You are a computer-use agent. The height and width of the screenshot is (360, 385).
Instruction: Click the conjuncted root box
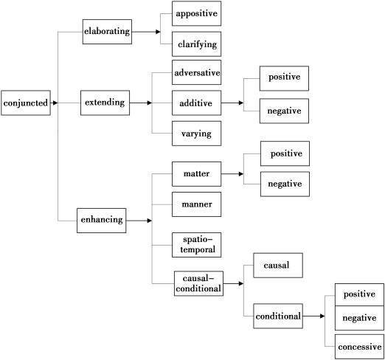(x=26, y=103)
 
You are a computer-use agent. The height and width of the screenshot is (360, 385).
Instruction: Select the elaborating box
(x=107, y=32)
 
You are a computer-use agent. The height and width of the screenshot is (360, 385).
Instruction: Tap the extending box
(x=105, y=103)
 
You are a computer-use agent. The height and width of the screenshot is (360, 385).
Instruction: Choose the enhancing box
(x=102, y=221)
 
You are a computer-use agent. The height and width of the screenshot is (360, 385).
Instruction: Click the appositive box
(x=197, y=13)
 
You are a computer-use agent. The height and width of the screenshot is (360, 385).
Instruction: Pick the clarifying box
(x=197, y=44)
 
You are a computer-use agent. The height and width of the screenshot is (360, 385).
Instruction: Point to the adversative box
(x=197, y=72)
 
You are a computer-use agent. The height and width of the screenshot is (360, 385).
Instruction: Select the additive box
(x=197, y=103)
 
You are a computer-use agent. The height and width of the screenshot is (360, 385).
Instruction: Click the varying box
(x=197, y=134)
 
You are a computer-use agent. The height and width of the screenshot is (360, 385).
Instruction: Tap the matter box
(x=197, y=174)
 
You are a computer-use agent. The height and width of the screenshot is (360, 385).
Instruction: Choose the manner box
(x=197, y=204)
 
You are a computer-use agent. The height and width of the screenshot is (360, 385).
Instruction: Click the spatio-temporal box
(x=197, y=245)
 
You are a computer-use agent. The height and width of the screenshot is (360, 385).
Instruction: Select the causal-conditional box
(x=198, y=283)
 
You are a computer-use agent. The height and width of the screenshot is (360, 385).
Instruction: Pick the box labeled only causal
(x=278, y=266)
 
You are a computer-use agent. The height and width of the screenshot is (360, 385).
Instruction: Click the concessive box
(x=359, y=347)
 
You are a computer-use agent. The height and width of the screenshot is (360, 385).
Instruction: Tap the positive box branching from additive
(x=284, y=78)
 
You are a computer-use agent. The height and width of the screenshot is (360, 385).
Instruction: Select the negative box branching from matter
(x=285, y=184)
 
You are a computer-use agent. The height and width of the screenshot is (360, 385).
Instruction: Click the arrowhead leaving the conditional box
(x=322, y=316)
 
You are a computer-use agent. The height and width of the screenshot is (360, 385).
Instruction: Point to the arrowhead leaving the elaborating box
(x=158, y=32)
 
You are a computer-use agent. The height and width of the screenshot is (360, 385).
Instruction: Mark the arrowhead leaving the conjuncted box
(x=55, y=103)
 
